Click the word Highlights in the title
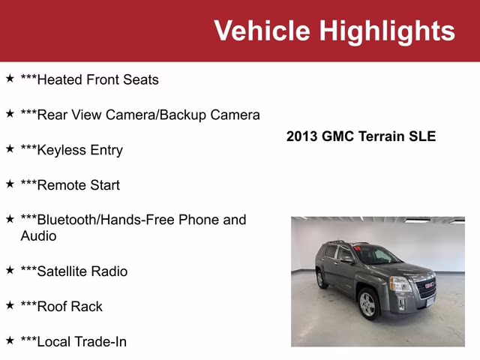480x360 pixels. pyautogui.click(x=387, y=31)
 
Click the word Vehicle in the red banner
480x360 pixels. pyautogui.click(x=262, y=31)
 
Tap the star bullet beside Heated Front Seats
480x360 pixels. pyautogui.click(x=10, y=78)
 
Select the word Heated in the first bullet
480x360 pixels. pyautogui.click(x=60, y=79)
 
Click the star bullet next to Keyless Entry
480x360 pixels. pyautogui.click(x=10, y=148)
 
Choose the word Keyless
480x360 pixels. pyautogui.click(x=62, y=150)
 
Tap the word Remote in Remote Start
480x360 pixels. pyautogui.click(x=61, y=184)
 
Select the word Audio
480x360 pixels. pyautogui.click(x=38, y=235)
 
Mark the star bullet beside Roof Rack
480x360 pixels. pyautogui.click(x=10, y=304)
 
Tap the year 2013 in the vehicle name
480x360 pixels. pyautogui.click(x=302, y=136)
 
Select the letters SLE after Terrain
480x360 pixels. pyautogui.click(x=421, y=136)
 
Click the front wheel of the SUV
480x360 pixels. pyautogui.click(x=367, y=304)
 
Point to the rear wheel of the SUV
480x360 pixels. pyautogui.click(x=322, y=278)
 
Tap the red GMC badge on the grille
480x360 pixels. pyautogui.click(x=427, y=285)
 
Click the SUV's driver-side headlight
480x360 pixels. pyautogui.click(x=400, y=284)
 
